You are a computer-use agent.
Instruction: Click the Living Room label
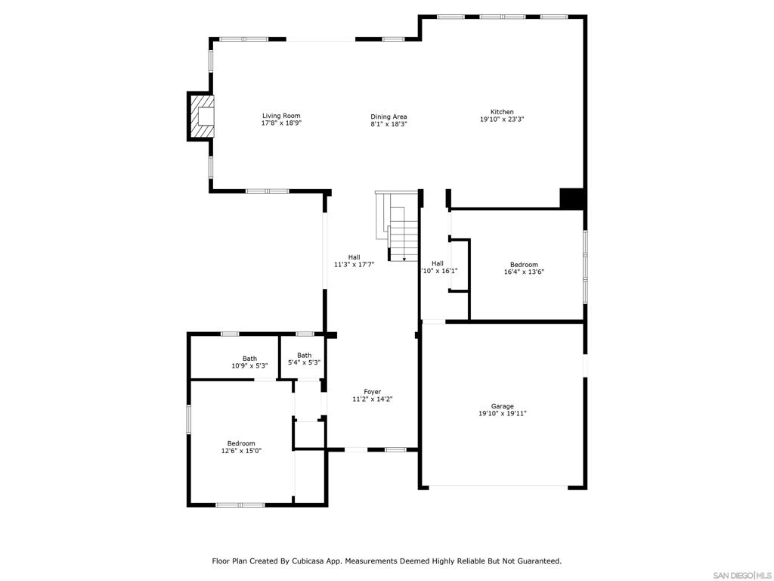pyautogui.click(x=281, y=116)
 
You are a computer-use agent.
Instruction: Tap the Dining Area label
pyautogui.click(x=389, y=117)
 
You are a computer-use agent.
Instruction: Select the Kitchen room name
pyautogui.click(x=502, y=112)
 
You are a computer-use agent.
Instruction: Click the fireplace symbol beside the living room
pyautogui.click(x=202, y=117)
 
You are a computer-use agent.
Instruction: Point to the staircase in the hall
pyautogui.click(x=401, y=227)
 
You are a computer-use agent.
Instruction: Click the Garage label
pyautogui.click(x=502, y=406)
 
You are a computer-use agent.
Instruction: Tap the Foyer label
pyautogui.click(x=372, y=392)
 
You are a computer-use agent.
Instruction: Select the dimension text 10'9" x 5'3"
pyautogui.click(x=249, y=366)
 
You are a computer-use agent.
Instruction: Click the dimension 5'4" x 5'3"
pyautogui.click(x=304, y=363)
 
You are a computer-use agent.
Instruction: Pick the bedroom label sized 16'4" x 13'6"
pyautogui.click(x=524, y=265)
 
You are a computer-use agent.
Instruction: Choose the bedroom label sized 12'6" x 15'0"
pyautogui.click(x=241, y=443)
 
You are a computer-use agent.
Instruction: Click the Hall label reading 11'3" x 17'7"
pyautogui.click(x=354, y=257)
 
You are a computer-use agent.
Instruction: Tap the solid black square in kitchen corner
pyautogui.click(x=571, y=198)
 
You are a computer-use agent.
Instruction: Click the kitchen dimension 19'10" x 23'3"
pyautogui.click(x=502, y=120)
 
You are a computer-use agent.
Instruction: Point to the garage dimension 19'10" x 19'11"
pyautogui.click(x=502, y=414)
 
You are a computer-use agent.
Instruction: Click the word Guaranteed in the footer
pyautogui.click(x=536, y=561)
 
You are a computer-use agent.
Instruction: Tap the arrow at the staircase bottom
pyautogui.click(x=404, y=259)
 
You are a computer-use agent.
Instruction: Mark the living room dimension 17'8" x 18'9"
pyautogui.click(x=281, y=123)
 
